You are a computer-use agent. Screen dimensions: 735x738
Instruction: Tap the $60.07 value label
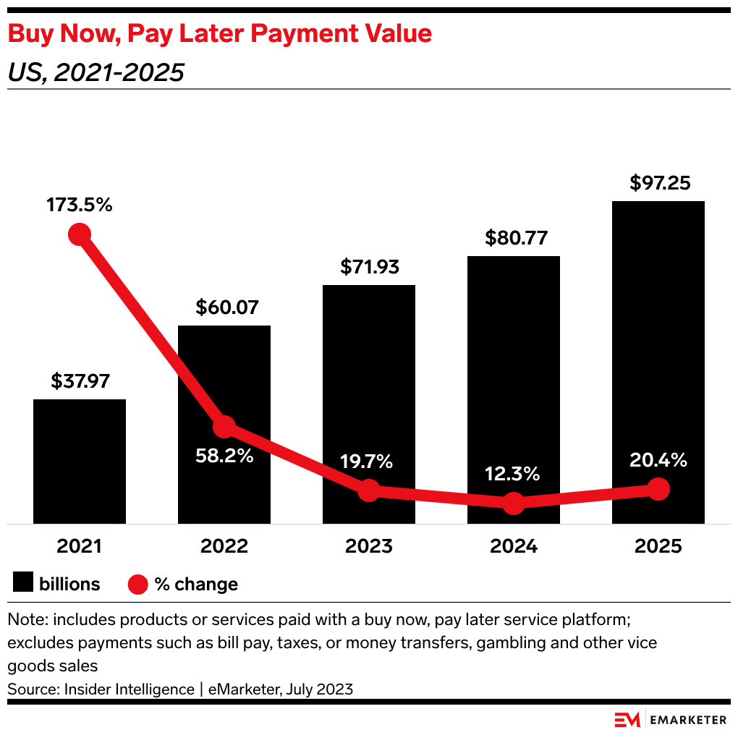[x=224, y=307]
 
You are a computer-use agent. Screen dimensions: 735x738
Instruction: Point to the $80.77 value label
[x=514, y=238]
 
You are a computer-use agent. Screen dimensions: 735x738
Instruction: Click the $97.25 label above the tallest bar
[x=658, y=183]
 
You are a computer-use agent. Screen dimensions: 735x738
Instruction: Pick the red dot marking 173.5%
[x=80, y=234]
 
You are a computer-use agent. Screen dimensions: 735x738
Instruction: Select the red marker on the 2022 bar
[x=224, y=427]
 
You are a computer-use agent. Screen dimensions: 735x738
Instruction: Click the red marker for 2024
[x=514, y=503]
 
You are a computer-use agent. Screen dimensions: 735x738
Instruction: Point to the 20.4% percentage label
[x=658, y=460]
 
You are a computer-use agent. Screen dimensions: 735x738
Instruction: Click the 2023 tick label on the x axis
[x=369, y=546]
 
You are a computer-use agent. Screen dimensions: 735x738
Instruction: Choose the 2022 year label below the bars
[x=224, y=546]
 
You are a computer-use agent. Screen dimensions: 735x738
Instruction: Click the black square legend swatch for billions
[x=23, y=583]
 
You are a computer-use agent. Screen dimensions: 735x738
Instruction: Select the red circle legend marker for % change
[x=137, y=584]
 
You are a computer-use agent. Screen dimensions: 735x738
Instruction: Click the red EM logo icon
[x=627, y=719]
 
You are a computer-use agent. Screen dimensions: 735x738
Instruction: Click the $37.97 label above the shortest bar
[x=80, y=381]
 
